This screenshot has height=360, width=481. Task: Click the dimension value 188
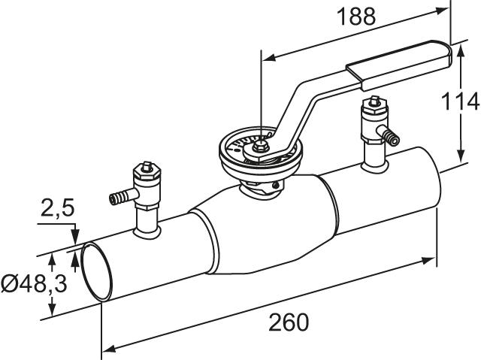pos(355,17)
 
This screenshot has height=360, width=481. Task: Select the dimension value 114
pos(460,101)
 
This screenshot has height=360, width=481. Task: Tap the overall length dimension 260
pos(289,322)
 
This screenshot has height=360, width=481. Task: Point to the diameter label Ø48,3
pos(34,283)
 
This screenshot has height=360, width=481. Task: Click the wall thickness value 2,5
pos(57,207)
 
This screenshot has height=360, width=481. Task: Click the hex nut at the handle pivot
pos(260,147)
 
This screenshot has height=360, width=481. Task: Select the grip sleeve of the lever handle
pos(399,66)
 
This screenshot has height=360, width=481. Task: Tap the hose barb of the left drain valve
pos(119,197)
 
